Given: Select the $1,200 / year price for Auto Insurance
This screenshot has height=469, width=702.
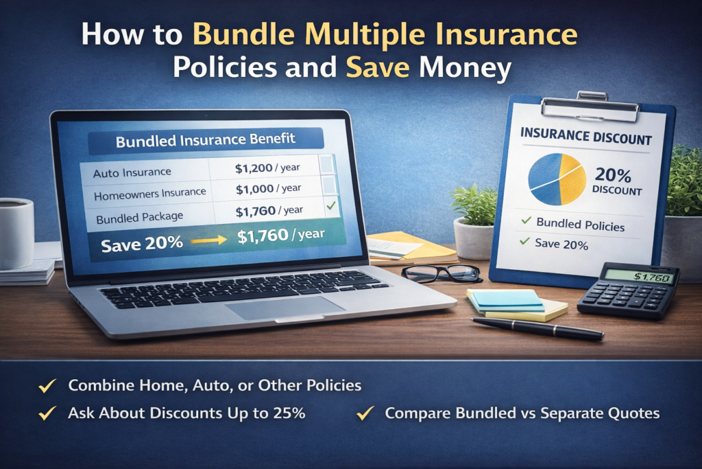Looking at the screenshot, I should pos(268,168).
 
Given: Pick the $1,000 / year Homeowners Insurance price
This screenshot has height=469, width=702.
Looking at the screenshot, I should pos(268,188).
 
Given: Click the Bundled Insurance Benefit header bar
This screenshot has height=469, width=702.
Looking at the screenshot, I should pos(206,139).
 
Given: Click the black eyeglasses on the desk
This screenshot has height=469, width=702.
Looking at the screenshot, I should pos(442,273).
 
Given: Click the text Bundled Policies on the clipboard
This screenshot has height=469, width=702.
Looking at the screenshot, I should pos(580,224).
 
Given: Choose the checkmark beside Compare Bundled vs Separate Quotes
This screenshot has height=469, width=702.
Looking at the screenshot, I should pos(366,413).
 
